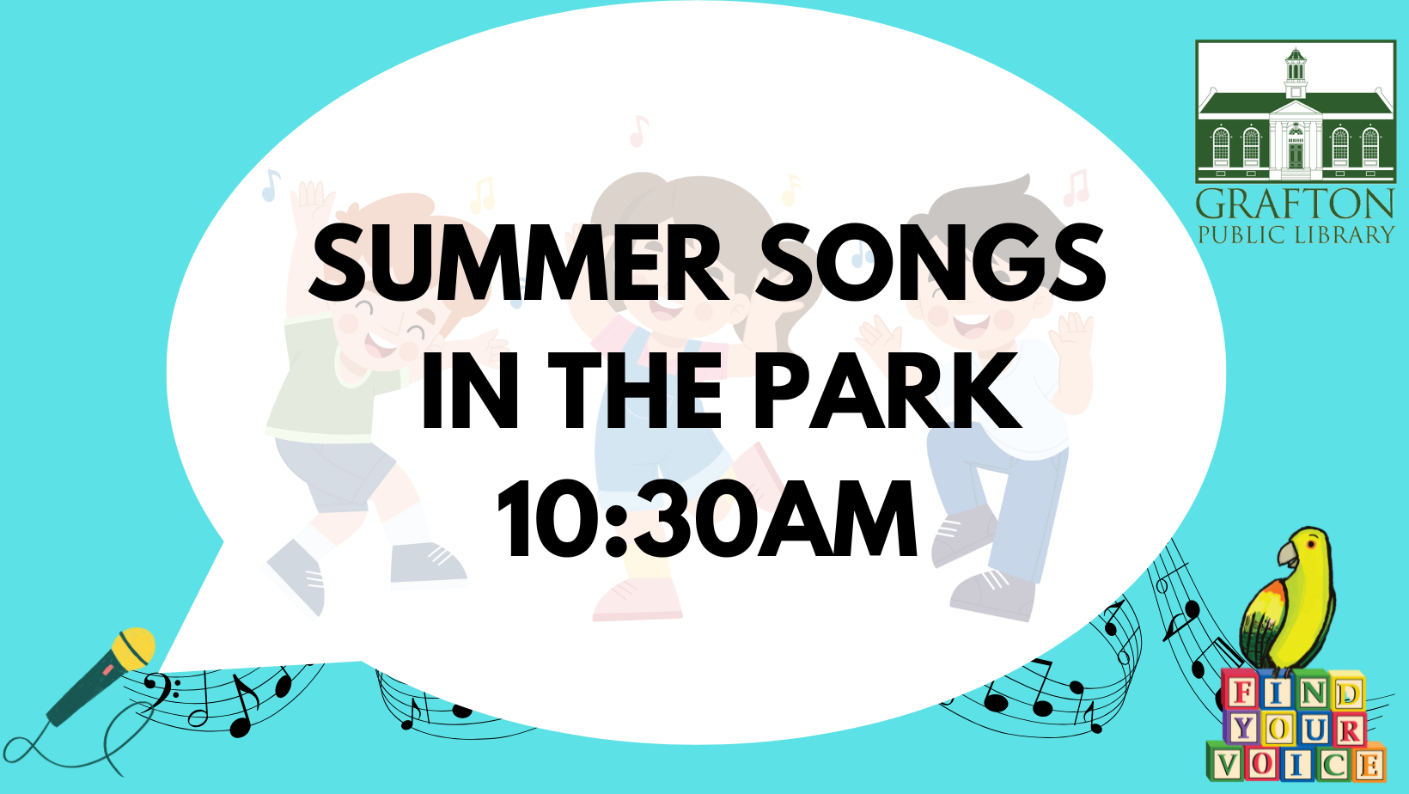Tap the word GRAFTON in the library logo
coord(1295,205)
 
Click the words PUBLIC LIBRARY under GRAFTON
coord(1296,235)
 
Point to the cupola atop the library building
coord(1295,71)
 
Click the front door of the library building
coord(1295,155)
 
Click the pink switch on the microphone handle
coord(107,671)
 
